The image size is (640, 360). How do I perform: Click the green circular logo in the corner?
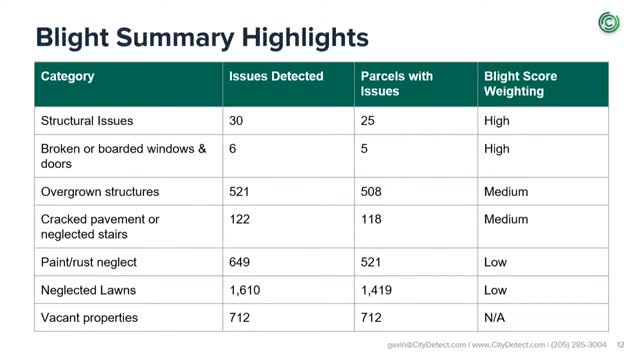click(x=609, y=22)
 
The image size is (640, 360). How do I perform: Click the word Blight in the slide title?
click(x=72, y=38)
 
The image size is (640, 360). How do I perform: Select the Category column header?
click(x=67, y=76)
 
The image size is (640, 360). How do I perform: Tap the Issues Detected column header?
click(x=276, y=76)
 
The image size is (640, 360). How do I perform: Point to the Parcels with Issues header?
click(x=396, y=84)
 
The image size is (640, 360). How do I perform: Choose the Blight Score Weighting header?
click(x=520, y=84)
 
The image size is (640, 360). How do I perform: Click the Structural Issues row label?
click(x=87, y=121)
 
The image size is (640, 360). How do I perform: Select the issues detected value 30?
click(x=236, y=121)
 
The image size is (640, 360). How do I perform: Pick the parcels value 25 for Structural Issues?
click(x=367, y=121)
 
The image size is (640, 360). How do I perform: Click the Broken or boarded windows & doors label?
click(x=123, y=156)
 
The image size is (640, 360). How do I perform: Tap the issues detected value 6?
click(x=233, y=149)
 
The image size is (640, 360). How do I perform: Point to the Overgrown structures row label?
click(x=100, y=192)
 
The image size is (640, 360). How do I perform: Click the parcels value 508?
click(x=371, y=191)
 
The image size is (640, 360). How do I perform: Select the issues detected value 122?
click(x=239, y=219)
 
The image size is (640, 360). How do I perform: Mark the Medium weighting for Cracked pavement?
click(x=506, y=219)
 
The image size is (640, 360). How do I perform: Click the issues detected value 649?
click(x=239, y=262)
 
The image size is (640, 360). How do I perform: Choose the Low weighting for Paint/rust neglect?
click(x=495, y=262)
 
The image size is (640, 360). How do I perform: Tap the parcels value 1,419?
click(x=376, y=290)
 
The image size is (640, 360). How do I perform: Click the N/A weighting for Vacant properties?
click(x=494, y=318)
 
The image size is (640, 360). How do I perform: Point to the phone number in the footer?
click(x=578, y=345)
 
